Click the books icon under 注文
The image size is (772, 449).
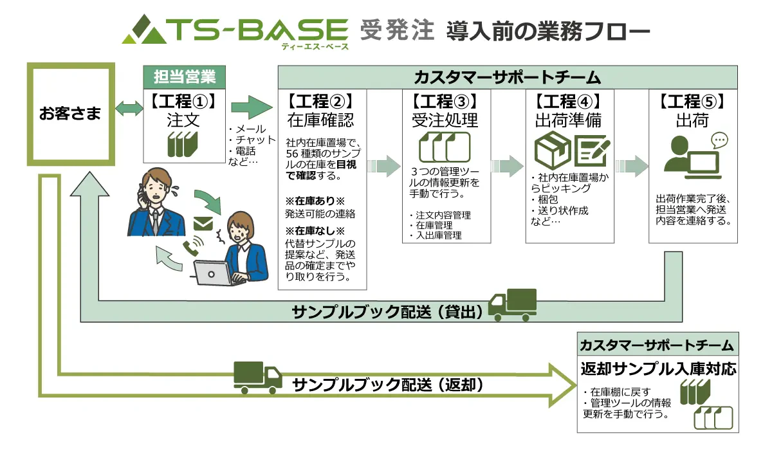tap(183, 144)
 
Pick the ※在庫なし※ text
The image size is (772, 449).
tap(316, 230)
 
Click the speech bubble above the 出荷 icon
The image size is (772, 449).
tap(719, 140)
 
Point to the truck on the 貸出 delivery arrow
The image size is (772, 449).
tap(512, 304)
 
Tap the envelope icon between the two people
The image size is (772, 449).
tap(203, 224)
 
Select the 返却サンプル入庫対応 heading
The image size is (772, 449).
tap(657, 370)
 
